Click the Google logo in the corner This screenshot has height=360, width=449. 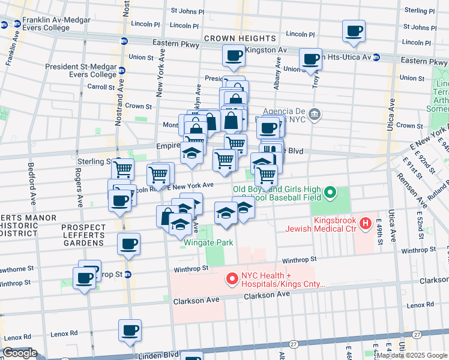coord(19,353)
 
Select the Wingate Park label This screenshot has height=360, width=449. coord(208,243)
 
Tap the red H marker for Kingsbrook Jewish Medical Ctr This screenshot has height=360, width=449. coord(365,224)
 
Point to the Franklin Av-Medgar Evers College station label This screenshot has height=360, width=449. coord(55,24)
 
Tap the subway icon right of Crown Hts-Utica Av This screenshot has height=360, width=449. coord(376,58)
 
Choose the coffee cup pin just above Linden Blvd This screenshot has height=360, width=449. coord(130,330)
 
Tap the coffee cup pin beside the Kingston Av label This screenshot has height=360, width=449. coord(233,56)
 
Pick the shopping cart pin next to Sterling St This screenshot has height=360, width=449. coord(123,169)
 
